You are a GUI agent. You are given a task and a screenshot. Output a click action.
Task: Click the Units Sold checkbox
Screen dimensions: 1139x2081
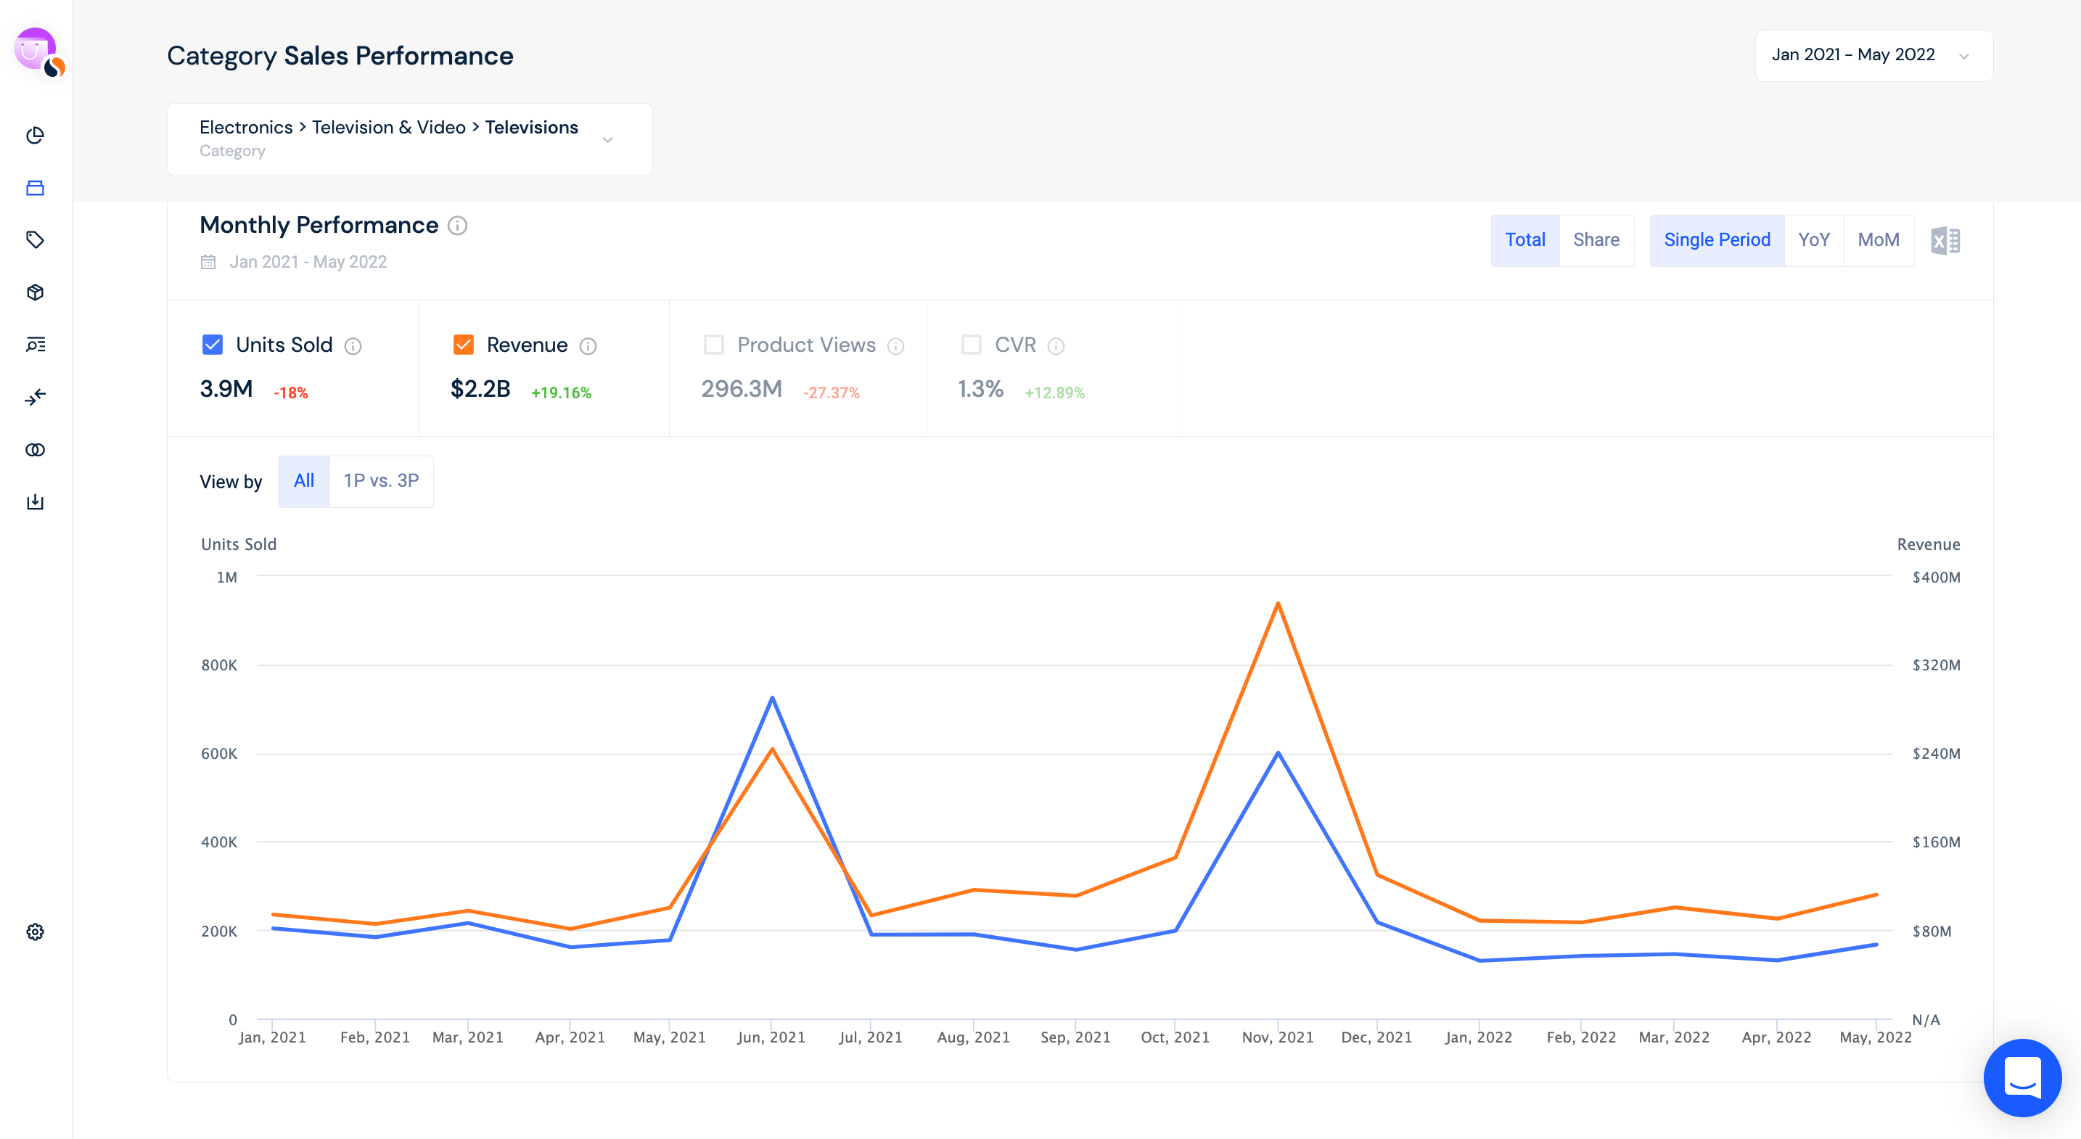click(213, 345)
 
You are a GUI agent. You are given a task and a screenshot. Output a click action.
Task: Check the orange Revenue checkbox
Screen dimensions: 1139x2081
click(463, 345)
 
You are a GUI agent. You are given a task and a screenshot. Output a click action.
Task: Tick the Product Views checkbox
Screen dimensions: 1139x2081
click(713, 345)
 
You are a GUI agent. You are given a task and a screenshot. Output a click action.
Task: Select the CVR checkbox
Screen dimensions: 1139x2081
click(971, 345)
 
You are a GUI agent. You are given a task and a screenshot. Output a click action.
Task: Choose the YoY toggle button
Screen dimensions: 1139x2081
click(1813, 240)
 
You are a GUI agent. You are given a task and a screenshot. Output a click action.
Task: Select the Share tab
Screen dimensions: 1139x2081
click(1596, 240)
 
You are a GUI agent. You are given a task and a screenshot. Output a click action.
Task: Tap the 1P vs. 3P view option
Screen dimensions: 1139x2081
click(380, 481)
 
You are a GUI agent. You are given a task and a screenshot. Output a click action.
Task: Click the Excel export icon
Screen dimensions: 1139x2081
click(1945, 241)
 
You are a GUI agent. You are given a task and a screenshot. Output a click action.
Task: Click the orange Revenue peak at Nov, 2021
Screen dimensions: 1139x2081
click(1277, 604)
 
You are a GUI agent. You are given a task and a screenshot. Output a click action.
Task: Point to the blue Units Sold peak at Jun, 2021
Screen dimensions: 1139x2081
click(772, 698)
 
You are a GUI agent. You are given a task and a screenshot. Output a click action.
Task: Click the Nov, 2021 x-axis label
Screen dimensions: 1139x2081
click(1277, 1037)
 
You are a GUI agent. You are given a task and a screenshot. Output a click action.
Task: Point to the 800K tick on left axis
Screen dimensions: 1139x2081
click(219, 665)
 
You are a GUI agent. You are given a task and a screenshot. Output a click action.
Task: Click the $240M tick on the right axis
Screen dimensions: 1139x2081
click(1936, 754)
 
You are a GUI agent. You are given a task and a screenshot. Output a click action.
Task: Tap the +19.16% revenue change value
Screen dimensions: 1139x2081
click(561, 392)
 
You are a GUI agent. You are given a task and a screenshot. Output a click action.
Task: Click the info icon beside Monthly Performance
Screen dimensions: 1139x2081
click(457, 226)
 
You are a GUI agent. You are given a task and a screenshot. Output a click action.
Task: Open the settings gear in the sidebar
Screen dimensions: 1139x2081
click(35, 932)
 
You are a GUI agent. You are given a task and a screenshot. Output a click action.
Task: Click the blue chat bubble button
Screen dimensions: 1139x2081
click(2022, 1077)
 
